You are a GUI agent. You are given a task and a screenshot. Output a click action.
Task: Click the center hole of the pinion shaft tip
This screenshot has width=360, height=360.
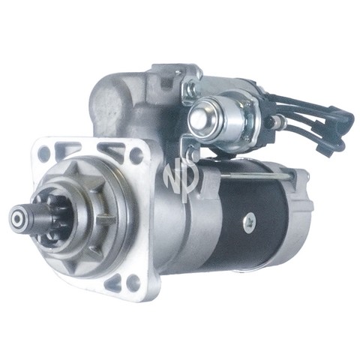point(18,219)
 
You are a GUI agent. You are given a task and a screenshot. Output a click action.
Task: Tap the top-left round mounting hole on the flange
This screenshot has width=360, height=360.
point(44,152)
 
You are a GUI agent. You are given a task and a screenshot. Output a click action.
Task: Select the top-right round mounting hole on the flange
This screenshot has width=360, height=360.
point(136,154)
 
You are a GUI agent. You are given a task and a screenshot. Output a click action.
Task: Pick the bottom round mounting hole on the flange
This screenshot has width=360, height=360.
point(132,281)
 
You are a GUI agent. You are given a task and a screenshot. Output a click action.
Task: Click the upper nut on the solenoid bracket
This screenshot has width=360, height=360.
point(192,87)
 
